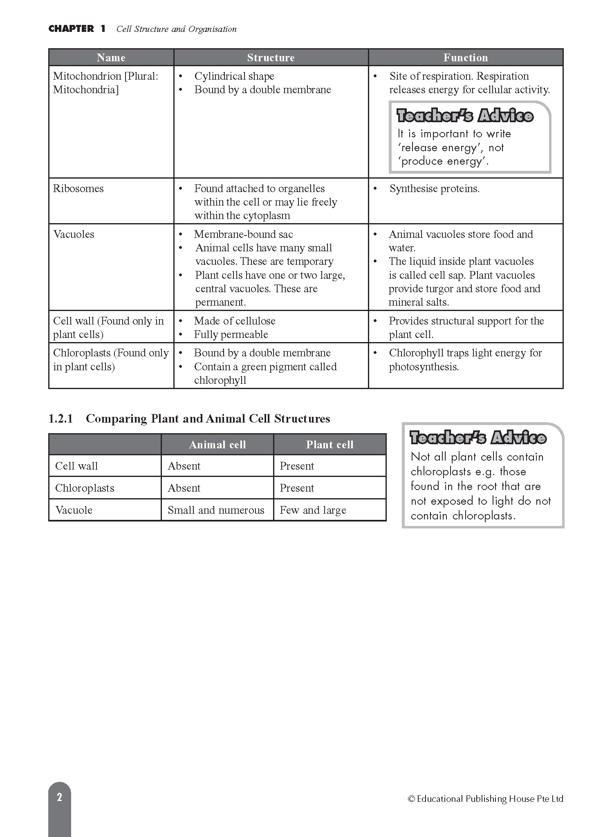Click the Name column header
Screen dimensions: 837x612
[x=111, y=58]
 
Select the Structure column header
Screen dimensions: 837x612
[x=271, y=58]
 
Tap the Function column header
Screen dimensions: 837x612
[x=466, y=58]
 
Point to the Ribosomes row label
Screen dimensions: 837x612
[x=78, y=188]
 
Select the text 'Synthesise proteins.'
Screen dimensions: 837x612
[x=434, y=188]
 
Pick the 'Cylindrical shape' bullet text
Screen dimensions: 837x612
[x=234, y=76]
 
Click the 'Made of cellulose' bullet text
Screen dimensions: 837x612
[x=235, y=321]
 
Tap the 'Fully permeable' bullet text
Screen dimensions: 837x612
[x=231, y=334]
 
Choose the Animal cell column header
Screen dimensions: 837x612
[x=217, y=445]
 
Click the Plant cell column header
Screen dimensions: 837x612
[x=330, y=445]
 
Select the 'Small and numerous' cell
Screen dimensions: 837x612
[x=216, y=510]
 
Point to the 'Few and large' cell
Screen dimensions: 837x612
[x=313, y=510]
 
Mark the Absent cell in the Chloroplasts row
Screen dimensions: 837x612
[x=184, y=488]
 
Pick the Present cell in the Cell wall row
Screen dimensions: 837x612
[x=297, y=466]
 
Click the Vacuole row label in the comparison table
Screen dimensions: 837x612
[x=74, y=510]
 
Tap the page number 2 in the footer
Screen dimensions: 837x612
[x=60, y=797]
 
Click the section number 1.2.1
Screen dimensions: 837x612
[x=61, y=418]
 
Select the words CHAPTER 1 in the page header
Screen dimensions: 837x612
[x=77, y=29]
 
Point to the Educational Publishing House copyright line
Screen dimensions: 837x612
[x=486, y=799]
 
